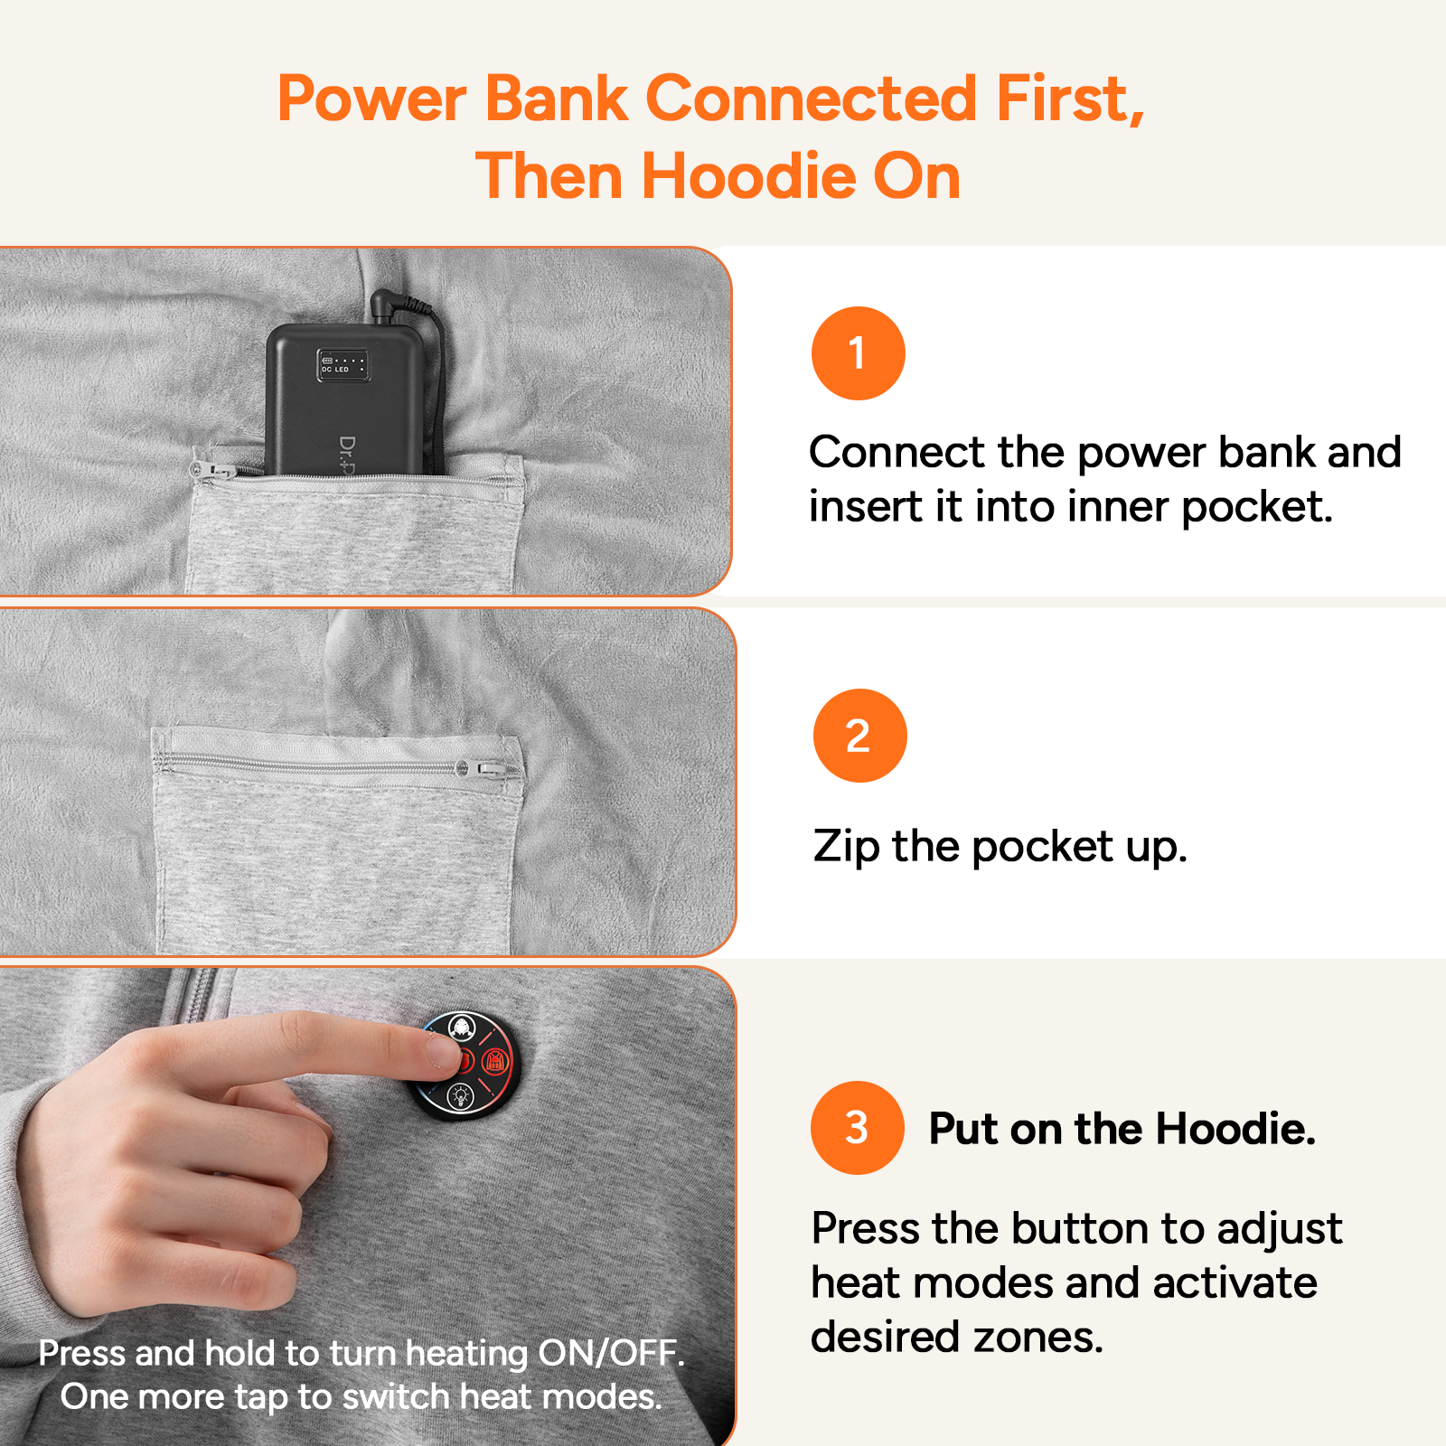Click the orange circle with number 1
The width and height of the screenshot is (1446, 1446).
858,353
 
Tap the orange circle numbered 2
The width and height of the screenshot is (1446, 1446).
859,736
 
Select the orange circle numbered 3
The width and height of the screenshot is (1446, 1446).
857,1128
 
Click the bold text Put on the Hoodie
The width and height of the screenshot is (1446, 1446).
1122,1129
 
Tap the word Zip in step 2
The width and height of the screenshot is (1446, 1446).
846,848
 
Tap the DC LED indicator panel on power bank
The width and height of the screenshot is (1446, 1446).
343,364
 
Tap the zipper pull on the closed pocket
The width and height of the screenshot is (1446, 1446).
489,769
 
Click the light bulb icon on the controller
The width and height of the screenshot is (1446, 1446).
461,1096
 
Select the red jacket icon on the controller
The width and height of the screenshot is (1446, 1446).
494,1061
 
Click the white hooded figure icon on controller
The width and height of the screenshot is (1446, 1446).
462,1028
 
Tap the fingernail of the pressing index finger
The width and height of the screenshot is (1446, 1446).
442,1051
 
